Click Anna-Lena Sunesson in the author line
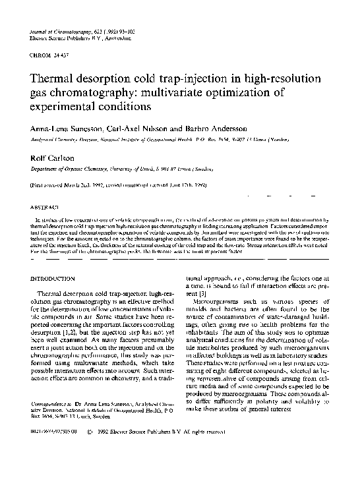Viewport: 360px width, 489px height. tap(65, 129)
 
